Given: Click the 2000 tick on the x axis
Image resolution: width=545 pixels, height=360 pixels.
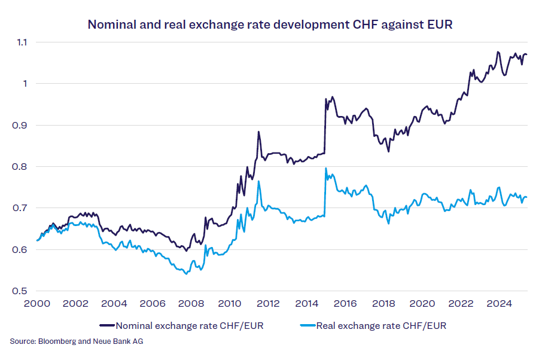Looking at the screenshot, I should tap(37, 303).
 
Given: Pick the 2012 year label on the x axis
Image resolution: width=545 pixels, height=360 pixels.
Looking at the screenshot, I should tap(269, 303).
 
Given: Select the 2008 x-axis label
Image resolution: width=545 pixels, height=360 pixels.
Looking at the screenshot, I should tap(191, 303).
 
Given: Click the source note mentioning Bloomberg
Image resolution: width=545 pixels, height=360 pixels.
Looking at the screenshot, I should tap(77, 341).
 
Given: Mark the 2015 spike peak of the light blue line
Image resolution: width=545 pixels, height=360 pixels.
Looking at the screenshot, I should tap(325, 169).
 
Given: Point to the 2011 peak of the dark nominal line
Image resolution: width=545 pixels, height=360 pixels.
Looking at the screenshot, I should tap(258, 132).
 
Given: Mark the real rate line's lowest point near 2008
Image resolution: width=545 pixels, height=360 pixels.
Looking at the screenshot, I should tap(186, 274).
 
